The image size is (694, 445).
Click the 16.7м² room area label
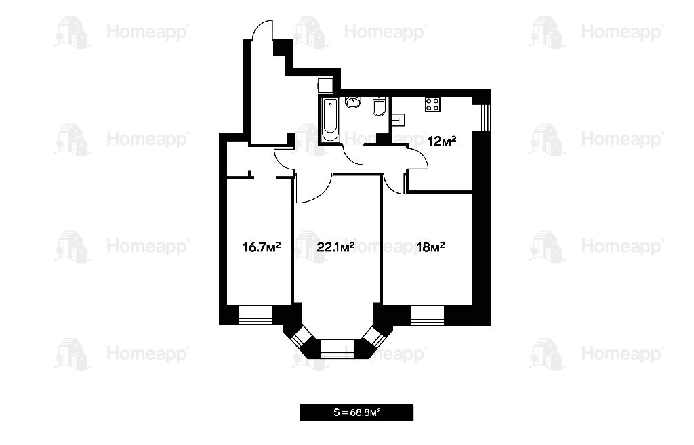(262, 247)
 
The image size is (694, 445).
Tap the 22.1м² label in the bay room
(335, 247)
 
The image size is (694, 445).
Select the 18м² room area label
(430, 247)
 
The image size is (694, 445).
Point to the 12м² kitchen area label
(442, 141)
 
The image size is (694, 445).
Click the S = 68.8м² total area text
(356, 412)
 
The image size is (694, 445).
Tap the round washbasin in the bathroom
(352, 103)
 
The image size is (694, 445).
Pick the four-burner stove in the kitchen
(432, 104)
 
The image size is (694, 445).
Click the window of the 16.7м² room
(256, 315)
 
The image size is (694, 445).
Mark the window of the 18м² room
(428, 315)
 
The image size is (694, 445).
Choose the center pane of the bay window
(338, 348)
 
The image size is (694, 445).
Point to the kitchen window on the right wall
(487, 117)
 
